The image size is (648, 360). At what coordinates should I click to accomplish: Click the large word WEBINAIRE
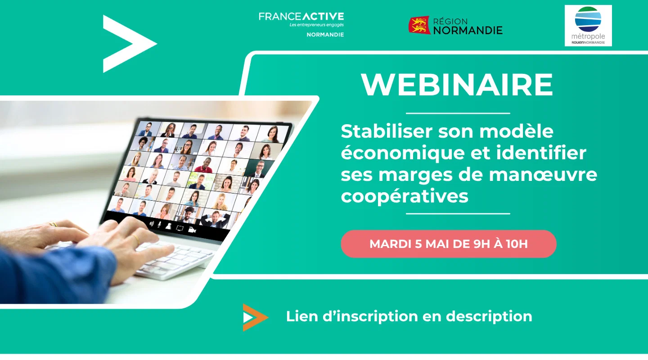coord(457,85)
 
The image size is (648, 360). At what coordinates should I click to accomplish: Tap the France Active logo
coord(301,20)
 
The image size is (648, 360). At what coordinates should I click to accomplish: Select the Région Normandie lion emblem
coord(419,25)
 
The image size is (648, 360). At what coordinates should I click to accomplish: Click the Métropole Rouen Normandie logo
coord(588,26)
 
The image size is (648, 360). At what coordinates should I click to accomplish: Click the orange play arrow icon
coord(254,317)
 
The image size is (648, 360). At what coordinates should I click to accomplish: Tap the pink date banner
coord(448,244)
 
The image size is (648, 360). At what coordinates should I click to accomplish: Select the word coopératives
coord(405,196)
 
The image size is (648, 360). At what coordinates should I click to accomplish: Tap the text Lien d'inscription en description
coord(409,316)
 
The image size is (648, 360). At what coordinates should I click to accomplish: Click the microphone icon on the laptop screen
coord(158,225)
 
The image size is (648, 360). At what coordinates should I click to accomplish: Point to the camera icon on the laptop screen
coord(192,230)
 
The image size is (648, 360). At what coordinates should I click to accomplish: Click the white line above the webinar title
coord(458,113)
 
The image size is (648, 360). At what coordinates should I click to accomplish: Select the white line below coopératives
coord(458,214)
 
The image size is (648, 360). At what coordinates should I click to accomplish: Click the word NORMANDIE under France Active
coord(325,35)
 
